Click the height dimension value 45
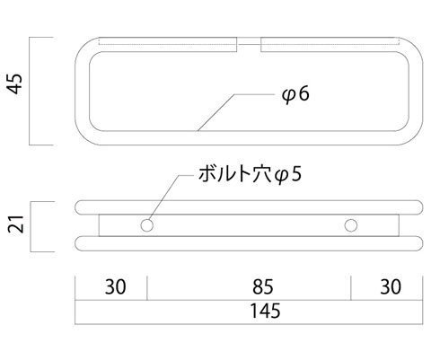pyautogui.click(x=15, y=83)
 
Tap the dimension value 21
pyautogui.click(x=16, y=224)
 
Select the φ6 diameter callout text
pyautogui.click(x=295, y=94)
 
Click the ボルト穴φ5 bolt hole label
pyautogui.click(x=250, y=174)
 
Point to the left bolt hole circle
pyautogui.click(x=147, y=225)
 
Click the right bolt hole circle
pyautogui.click(x=351, y=225)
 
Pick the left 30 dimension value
pyautogui.click(x=116, y=286)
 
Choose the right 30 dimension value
pyautogui.click(x=391, y=286)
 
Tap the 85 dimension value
pyautogui.click(x=263, y=286)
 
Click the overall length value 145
pyautogui.click(x=265, y=311)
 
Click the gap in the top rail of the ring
pyautogui.click(x=249, y=45)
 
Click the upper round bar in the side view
pyautogui.click(x=249, y=207)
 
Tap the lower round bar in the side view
pyautogui.click(x=249, y=243)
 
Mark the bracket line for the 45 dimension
pyautogui.click(x=30, y=92)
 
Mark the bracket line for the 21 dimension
pyautogui.click(x=31, y=226)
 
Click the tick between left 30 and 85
pyautogui.click(x=147, y=288)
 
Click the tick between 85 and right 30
pyautogui.click(x=351, y=288)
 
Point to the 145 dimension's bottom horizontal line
pyautogui.click(x=249, y=324)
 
